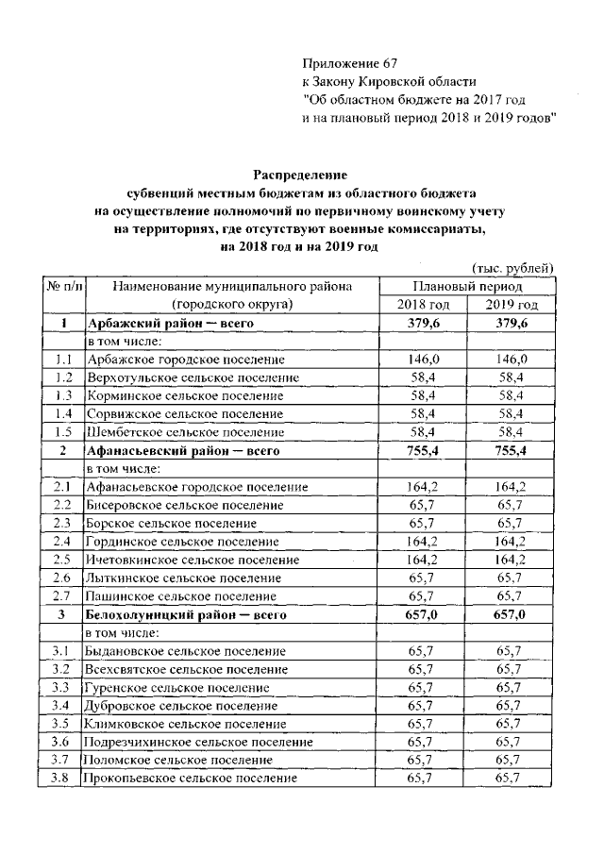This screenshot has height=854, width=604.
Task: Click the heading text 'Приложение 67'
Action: coord(345,63)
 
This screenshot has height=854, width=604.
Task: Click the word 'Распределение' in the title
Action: coord(301,175)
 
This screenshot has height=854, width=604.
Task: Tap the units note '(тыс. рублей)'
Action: coord(512,269)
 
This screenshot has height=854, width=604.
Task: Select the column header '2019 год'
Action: coord(512,305)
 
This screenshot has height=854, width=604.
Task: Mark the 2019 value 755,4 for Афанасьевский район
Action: coord(512,451)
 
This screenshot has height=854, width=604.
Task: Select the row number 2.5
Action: coord(63,560)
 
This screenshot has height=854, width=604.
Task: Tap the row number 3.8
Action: coord(63,779)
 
